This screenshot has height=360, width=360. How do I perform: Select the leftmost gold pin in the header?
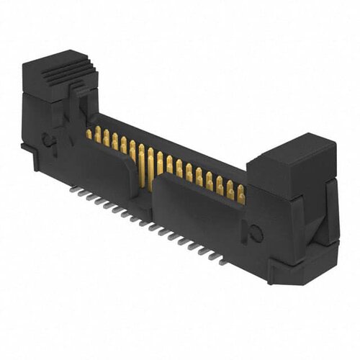(90, 134)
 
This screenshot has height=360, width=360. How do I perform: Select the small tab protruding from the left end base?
(25, 148)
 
